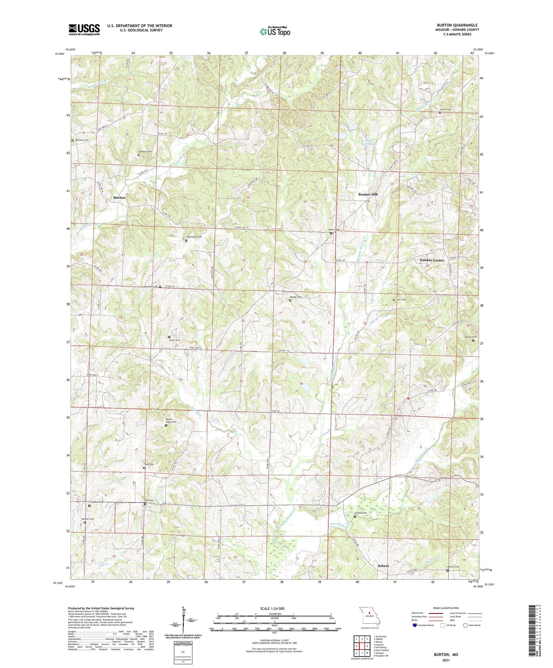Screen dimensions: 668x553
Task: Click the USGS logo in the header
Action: click(84, 29)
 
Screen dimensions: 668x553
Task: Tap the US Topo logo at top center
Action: click(275, 31)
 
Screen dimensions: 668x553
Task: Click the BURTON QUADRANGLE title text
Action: click(457, 25)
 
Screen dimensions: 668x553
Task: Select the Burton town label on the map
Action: click(119, 197)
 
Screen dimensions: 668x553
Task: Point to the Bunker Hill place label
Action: click(368, 194)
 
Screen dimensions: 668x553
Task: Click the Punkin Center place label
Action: click(432, 260)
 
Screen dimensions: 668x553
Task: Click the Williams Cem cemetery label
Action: click(82, 140)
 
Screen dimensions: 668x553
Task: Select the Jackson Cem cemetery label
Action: click(145, 152)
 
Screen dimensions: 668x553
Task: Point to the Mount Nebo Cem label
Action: click(171, 422)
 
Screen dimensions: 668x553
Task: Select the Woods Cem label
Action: click(296, 297)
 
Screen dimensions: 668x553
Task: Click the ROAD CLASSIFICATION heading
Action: click(445, 608)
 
